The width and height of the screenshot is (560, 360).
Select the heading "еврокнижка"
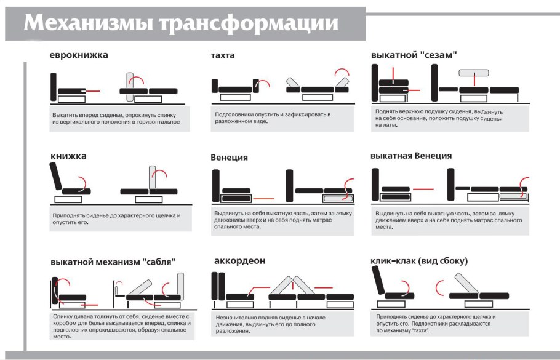click(79, 55)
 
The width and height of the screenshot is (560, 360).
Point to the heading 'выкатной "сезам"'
click(414, 55)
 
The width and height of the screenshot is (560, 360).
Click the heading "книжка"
click(68, 156)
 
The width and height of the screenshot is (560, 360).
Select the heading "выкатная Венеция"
click(411, 156)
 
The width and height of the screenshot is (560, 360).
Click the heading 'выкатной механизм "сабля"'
click(113, 262)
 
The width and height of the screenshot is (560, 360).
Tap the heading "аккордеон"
click(239, 261)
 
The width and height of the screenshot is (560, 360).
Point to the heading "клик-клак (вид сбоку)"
click(418, 261)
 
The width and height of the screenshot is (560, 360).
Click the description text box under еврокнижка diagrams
click(116, 119)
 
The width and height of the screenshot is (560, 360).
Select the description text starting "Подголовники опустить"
click(273, 118)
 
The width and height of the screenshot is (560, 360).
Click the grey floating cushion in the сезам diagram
click(473, 73)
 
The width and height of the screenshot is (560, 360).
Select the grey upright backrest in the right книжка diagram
click(153, 179)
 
